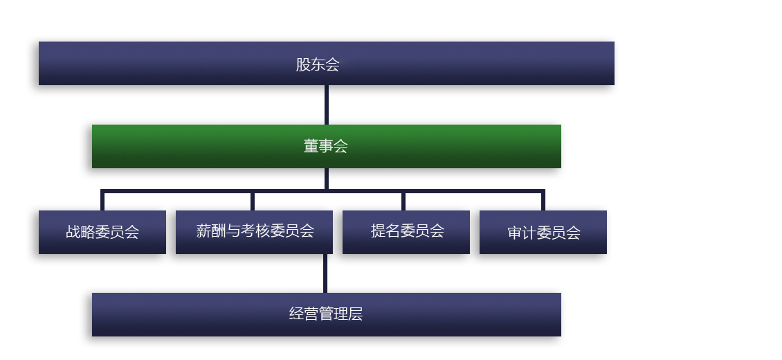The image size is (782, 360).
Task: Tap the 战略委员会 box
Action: [102, 232]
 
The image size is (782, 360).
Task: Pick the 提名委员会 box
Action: [406, 232]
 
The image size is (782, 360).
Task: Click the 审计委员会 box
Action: [543, 232]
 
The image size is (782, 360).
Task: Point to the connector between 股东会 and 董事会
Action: [327, 105]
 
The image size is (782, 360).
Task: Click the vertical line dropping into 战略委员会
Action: [102, 201]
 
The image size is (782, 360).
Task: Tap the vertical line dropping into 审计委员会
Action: [543, 201]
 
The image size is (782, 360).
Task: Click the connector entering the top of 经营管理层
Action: [325, 273]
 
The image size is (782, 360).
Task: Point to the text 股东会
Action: [318, 64]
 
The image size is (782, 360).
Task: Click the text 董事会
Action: [325, 146]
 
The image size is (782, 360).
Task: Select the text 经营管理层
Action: [325, 314]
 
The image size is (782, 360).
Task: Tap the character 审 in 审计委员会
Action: [514, 233]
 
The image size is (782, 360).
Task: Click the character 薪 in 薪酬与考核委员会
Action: [203, 231]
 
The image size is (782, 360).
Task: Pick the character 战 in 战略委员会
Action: [73, 233]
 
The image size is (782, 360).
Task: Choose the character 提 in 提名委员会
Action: [378, 231]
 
